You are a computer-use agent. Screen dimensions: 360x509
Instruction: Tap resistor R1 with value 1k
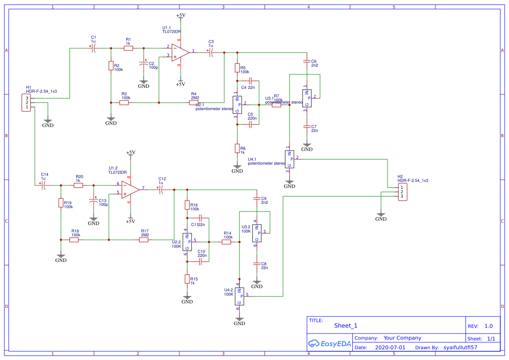[128, 48]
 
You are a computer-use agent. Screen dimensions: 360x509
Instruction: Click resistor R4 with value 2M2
[194, 103]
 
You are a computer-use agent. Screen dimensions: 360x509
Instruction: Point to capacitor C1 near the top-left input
[93, 48]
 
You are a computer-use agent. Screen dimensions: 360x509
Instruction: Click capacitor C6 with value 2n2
[307, 61]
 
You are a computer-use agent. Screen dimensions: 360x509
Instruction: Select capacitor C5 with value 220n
[250, 124]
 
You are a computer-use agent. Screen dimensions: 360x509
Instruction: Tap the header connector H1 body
[27, 103]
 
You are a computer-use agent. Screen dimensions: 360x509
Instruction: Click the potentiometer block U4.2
[239, 296]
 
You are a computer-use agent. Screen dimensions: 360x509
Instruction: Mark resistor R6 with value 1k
[237, 148]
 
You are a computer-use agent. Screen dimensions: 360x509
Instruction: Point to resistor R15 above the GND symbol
[187, 279]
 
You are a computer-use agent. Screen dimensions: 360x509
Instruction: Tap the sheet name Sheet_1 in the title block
[346, 326]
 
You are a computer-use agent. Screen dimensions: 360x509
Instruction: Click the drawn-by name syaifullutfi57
[460, 348]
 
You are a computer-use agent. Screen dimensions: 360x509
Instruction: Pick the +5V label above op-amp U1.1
[180, 15]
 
